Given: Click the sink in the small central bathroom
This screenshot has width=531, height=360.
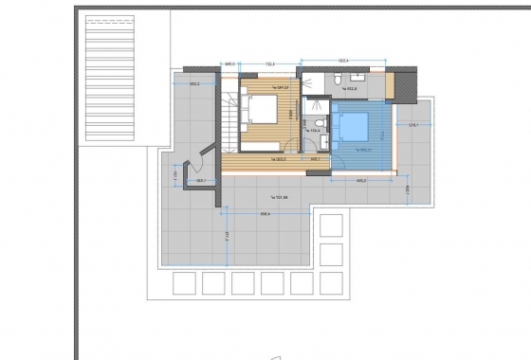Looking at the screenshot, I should [323, 142].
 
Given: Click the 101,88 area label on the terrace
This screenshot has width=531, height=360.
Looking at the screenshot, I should [278, 197].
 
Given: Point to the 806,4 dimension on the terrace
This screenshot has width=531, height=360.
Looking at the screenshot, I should [265, 213].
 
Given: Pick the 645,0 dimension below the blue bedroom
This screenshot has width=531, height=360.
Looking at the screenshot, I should [361, 180].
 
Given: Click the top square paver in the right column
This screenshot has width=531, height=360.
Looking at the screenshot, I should [331, 225].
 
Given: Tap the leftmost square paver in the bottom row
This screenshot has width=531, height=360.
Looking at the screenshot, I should [183, 283].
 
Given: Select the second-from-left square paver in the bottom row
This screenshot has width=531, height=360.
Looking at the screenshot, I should [212, 283].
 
